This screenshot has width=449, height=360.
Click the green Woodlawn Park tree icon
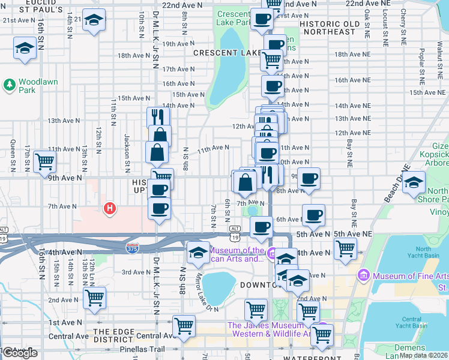click(10, 85)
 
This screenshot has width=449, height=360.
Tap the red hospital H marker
click(109, 209)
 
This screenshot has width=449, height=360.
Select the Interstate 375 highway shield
click(132, 247)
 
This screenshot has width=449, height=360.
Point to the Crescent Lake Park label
click(234, 18)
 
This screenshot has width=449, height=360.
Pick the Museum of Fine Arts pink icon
click(363, 276)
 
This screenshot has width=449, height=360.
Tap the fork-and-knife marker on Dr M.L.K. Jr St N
click(158, 116)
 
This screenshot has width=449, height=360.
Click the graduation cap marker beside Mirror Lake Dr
click(197, 252)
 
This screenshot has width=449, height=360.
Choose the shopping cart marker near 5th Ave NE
click(345, 247)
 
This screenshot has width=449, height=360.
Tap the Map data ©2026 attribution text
click(424, 355)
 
